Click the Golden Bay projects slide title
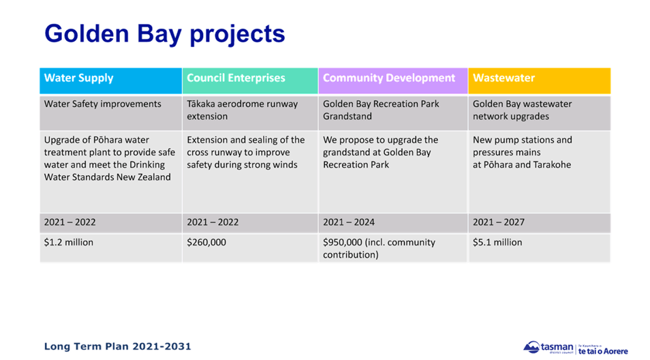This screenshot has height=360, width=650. coord(164,34)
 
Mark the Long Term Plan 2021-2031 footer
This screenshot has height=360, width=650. coord(117,346)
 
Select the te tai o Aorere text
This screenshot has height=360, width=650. coord(603,350)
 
